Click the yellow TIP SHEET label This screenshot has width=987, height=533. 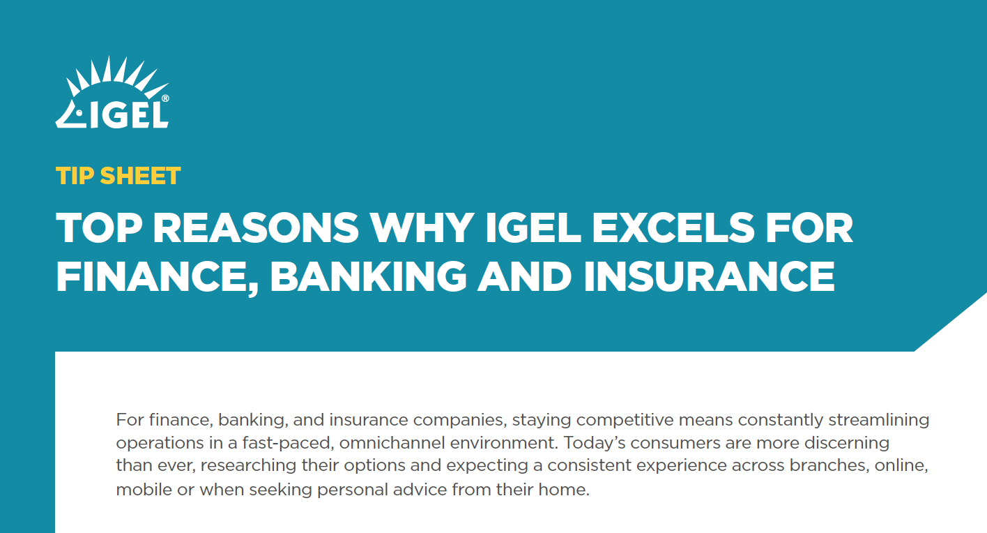pyautogui.click(x=118, y=176)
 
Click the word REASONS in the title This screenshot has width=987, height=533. pyautogui.click(x=256, y=227)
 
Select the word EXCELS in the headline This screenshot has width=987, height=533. pyautogui.click(x=673, y=227)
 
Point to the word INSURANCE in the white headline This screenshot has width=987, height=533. pyautogui.click(x=709, y=276)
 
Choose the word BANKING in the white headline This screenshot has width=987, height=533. pyautogui.click(x=368, y=276)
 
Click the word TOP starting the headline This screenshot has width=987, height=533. pyautogui.click(x=99, y=227)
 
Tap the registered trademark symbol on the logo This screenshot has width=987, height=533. pyautogui.click(x=165, y=98)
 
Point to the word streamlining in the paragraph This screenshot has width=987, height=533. pyautogui.click(x=878, y=420)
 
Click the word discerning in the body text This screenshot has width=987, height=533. pyautogui.click(x=847, y=443)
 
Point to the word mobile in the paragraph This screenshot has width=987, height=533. pyautogui.click(x=144, y=489)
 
